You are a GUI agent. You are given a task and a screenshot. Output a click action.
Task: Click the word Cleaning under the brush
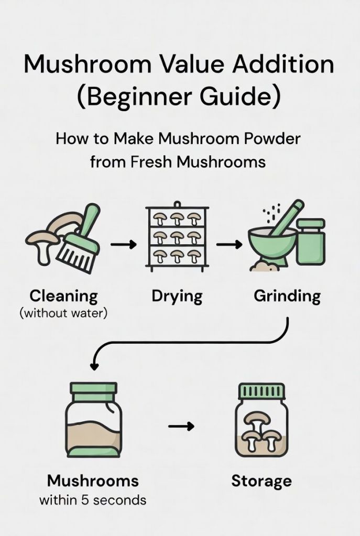pos(63,296)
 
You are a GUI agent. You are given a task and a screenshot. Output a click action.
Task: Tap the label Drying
pos(177,297)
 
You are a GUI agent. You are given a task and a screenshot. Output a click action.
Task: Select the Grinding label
pos(287,296)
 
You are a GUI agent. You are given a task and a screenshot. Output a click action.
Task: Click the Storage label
pos(261,480)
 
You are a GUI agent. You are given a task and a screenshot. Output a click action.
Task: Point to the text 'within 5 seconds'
pos(92,500)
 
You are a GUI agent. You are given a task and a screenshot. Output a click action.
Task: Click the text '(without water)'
pos(63,315)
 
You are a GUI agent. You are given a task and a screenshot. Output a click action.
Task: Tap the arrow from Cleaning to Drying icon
pos(123,244)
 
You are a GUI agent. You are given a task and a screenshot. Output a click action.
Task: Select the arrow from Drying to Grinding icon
pos(229,244)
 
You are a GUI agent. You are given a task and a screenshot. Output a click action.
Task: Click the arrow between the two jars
pos(181,426)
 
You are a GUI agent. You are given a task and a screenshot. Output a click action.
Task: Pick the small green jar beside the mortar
pos(311,240)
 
